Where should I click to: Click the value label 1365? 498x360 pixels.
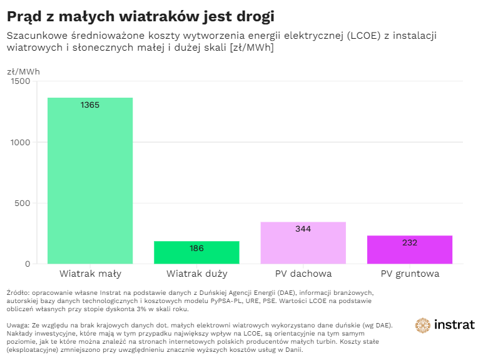click(x=90, y=105)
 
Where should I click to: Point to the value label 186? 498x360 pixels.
click(x=196, y=249)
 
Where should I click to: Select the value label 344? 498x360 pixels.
click(x=303, y=229)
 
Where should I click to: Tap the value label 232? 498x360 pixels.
click(x=409, y=243)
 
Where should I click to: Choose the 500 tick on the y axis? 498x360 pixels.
click(x=22, y=203)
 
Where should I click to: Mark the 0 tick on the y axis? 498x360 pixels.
click(x=27, y=264)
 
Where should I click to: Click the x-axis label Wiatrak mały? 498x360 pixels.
click(x=90, y=274)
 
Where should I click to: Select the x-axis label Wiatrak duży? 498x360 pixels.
click(x=196, y=274)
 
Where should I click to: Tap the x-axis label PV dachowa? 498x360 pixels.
click(x=303, y=274)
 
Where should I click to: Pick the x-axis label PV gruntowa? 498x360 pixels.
click(x=409, y=274)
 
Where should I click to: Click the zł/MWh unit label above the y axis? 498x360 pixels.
click(x=23, y=71)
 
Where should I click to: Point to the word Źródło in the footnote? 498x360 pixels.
click(x=18, y=292)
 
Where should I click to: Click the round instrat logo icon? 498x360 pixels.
click(x=424, y=325)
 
